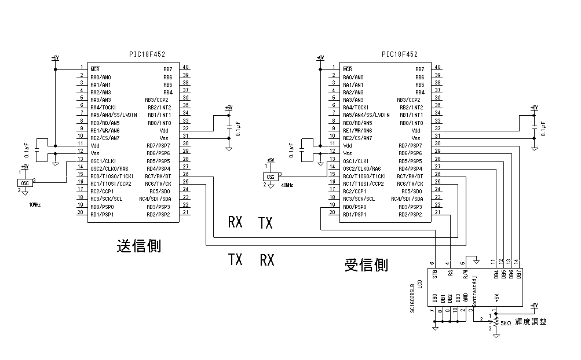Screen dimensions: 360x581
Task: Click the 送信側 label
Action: coord(138,245)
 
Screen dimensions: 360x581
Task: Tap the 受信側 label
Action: coord(366,265)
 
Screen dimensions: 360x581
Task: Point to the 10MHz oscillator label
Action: coord(35,205)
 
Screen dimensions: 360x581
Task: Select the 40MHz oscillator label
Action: coord(287,185)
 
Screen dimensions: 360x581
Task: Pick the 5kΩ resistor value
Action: coord(505,322)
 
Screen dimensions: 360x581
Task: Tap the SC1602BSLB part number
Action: coord(412,295)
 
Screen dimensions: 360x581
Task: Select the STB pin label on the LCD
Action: coord(435,274)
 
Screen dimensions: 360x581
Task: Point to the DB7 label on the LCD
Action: coord(519,274)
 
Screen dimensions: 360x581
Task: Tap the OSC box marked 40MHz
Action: coord(270,176)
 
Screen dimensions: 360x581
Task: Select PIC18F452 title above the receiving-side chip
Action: coord(399,54)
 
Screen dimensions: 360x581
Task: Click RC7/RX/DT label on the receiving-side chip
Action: coord(410,176)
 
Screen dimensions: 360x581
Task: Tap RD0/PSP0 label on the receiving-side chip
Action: coord(355,207)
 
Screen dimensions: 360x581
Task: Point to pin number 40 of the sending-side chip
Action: coord(185,68)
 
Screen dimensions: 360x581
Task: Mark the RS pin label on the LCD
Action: coord(450,274)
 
